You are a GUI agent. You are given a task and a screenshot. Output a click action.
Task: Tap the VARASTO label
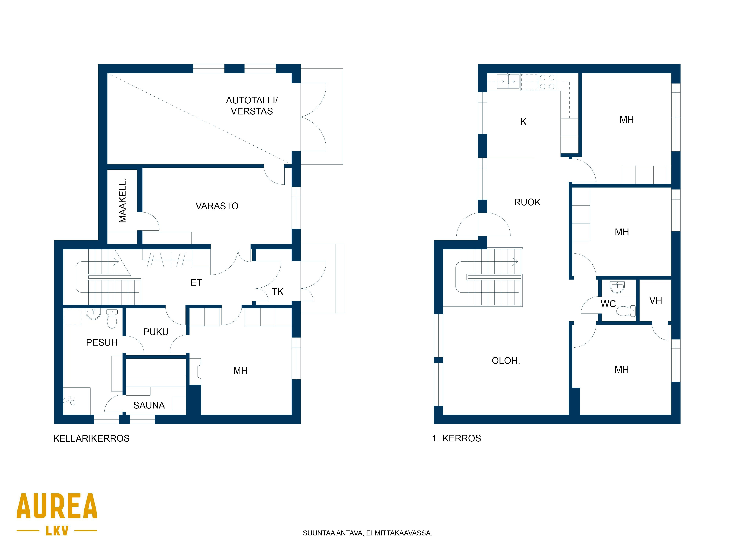[x=217, y=206]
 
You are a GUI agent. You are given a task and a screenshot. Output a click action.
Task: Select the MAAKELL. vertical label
[x=123, y=200]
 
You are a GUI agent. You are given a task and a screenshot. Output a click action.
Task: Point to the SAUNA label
[x=149, y=405]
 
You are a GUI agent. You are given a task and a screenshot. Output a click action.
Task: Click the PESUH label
[x=102, y=342]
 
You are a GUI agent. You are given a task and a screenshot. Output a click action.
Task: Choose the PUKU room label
[x=156, y=332]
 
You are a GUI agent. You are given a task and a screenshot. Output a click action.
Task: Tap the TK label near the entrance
[x=277, y=292]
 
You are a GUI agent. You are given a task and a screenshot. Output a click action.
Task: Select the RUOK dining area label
[x=527, y=202]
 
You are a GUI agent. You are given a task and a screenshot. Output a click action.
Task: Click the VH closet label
[x=656, y=300]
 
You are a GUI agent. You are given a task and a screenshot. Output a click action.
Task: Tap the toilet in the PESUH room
[x=112, y=319]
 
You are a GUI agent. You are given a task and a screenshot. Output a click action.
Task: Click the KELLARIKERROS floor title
[x=91, y=438]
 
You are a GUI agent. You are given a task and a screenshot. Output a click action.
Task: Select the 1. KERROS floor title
[x=456, y=438]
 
